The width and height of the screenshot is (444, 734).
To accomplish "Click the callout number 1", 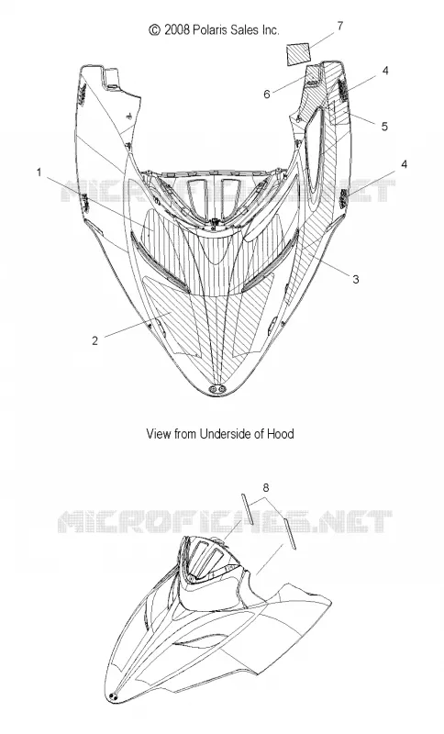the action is coord(39,172).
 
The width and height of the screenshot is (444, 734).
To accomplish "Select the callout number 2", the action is coord(95,340).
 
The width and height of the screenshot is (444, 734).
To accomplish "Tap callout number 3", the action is coord(356,280).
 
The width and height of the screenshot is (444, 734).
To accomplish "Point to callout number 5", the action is coord(384,127).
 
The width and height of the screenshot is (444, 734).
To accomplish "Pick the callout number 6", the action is coord(267,95).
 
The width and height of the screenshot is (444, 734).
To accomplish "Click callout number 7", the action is coord(340,27).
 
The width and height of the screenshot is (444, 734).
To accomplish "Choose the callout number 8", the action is coord(266,488).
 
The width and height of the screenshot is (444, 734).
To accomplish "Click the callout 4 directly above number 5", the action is coord(385,71).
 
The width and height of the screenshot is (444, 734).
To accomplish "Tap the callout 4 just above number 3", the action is coord(405,164).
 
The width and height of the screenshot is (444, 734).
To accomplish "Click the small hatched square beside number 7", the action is coord(298,54).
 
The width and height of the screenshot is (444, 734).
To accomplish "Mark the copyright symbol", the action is coord(154,30).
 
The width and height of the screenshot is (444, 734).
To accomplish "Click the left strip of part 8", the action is coord(248,508).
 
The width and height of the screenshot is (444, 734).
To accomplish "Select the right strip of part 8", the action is coord(290,535).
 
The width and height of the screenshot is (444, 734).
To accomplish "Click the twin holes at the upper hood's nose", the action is coord(218,388).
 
